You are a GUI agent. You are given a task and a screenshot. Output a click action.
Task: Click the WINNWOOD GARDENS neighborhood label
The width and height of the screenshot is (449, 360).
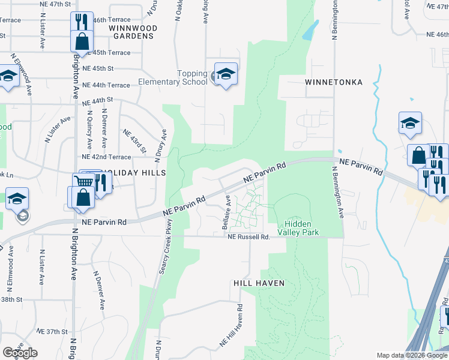click(x=133, y=32)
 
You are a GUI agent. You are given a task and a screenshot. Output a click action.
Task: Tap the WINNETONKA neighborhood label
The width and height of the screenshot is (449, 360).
click(x=333, y=82)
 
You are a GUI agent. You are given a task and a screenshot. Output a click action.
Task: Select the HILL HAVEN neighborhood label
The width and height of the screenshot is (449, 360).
click(x=258, y=283)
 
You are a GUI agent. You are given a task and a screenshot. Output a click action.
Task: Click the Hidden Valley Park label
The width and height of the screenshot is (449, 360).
click(x=298, y=227)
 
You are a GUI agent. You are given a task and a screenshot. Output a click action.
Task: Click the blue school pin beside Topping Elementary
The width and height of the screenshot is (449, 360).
click(x=226, y=74)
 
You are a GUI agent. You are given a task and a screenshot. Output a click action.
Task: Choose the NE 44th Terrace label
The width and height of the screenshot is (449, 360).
click(x=106, y=85)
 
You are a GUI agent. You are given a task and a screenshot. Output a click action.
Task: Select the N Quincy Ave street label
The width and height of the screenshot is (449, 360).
click(x=89, y=129)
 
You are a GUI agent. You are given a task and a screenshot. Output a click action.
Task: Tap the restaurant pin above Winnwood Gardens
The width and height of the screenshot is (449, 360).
click(x=82, y=22)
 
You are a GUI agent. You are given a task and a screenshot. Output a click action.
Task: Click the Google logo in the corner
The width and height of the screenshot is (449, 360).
click(x=20, y=353)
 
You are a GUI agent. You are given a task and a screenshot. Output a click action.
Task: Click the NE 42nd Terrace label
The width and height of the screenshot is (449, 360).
click(x=106, y=157)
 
